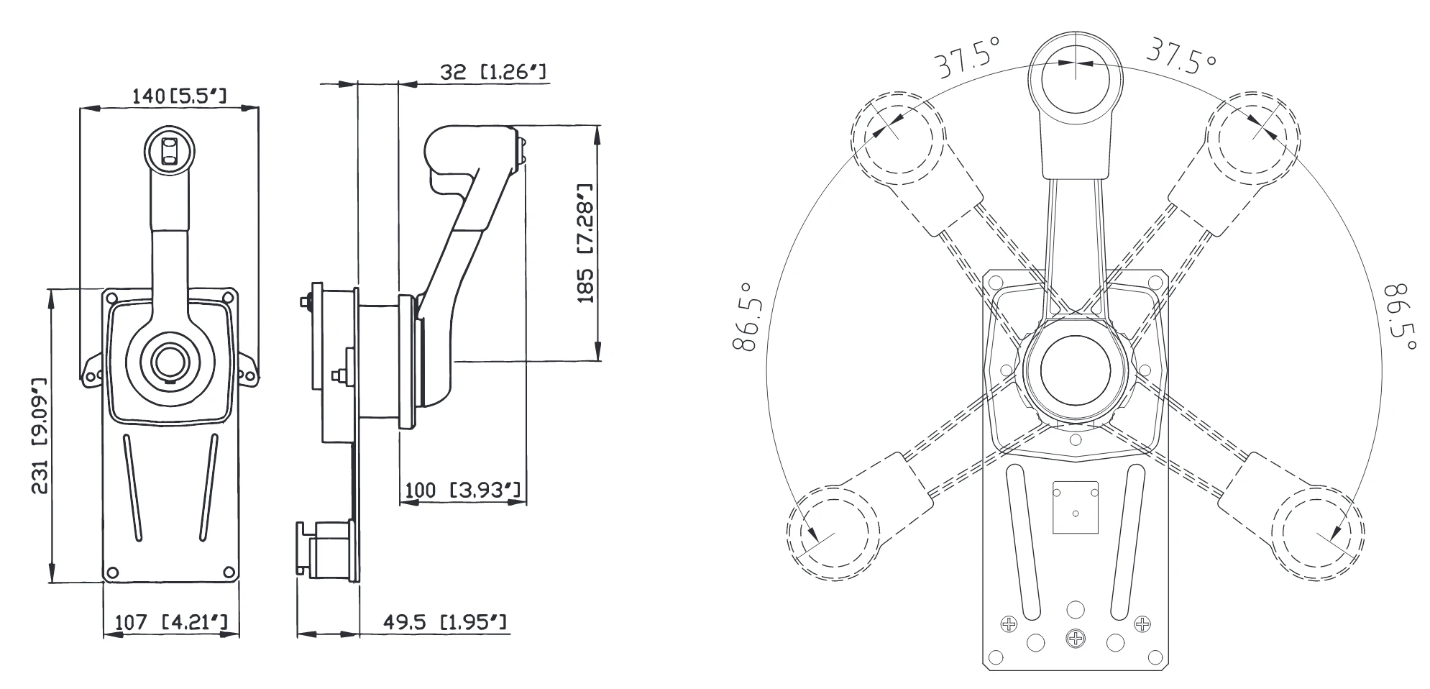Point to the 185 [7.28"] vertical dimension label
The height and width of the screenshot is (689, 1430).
587,242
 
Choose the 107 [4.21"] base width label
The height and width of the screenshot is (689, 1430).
170,621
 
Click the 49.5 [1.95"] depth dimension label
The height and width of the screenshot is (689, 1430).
444,621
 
